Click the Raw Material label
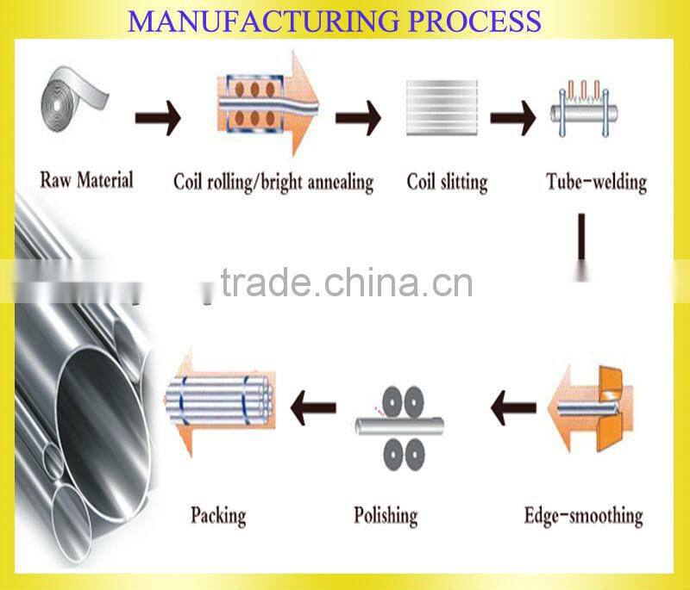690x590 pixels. [x=86, y=180]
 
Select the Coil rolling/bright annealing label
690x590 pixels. [x=273, y=182]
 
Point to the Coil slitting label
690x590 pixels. [x=447, y=182]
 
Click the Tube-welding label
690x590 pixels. [x=596, y=182]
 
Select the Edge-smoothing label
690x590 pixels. [x=583, y=516]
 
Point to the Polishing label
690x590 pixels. [x=386, y=515]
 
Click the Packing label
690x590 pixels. [x=217, y=515]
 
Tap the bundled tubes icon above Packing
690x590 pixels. [x=220, y=400]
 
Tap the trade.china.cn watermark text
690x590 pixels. [x=346, y=282]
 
